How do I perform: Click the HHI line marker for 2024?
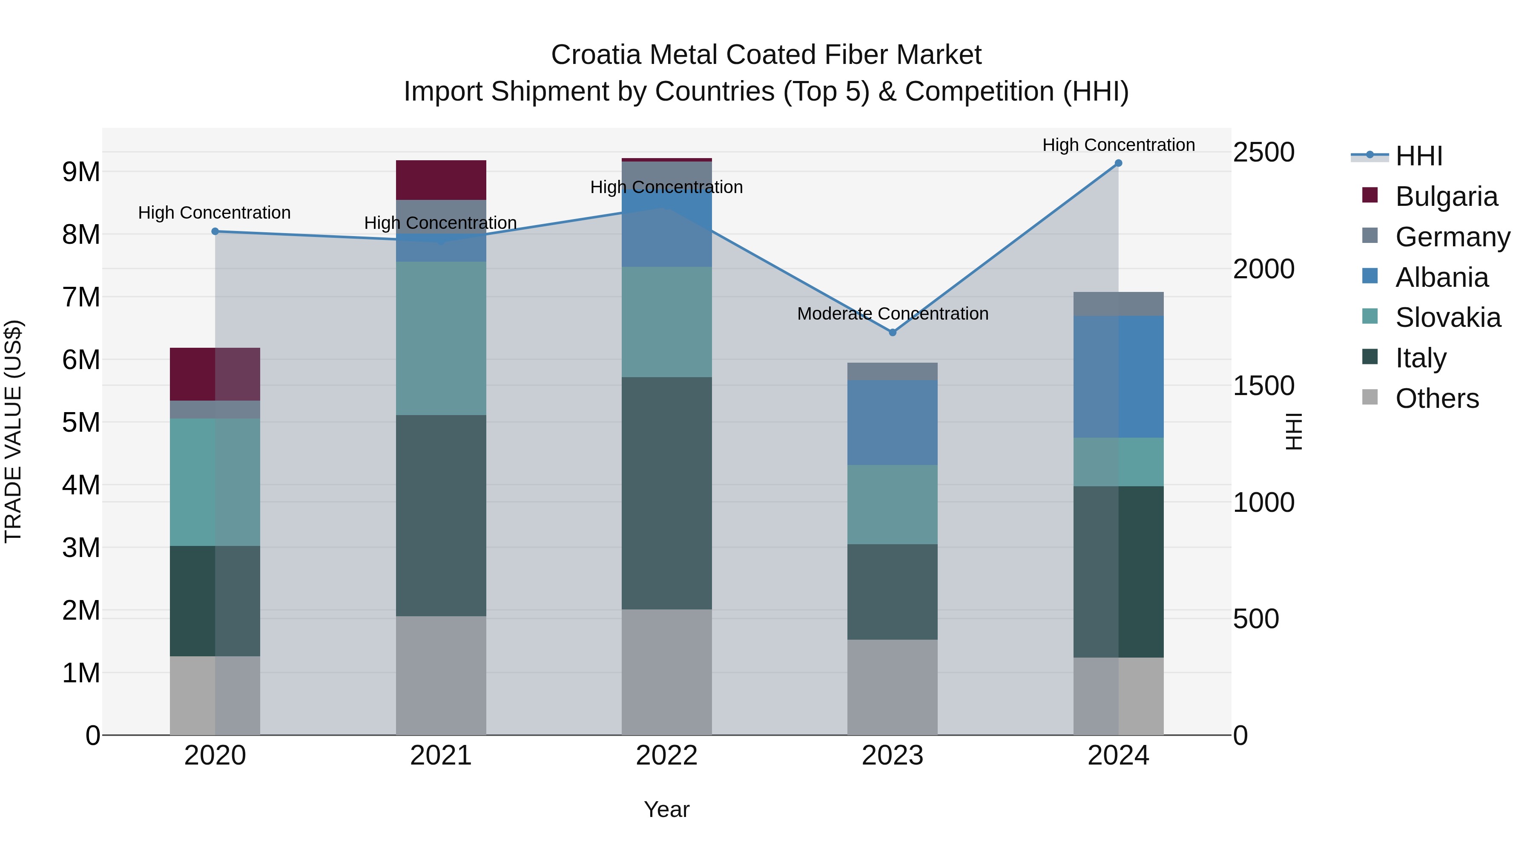1118,163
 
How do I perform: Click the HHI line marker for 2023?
892,332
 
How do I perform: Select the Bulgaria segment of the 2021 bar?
441,180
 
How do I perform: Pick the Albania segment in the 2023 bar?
892,422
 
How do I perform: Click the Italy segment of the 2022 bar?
666,493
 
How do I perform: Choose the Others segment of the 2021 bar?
441,675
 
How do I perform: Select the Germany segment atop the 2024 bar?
1118,304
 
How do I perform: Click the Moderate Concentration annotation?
892,314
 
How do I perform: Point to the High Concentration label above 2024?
1118,145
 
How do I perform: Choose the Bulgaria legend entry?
1446,196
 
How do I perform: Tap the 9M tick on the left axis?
81,172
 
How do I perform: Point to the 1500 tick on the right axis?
1263,386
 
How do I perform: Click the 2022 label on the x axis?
666,756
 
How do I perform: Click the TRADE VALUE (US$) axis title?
14,431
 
